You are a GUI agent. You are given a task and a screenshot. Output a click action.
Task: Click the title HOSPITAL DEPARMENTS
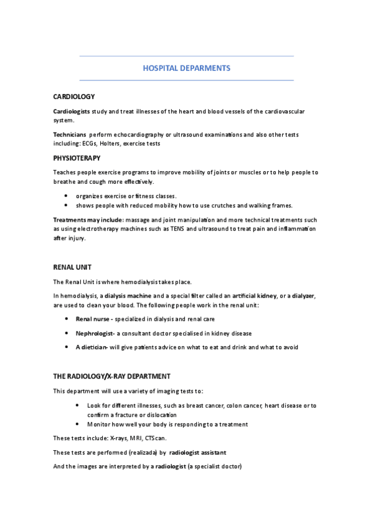click(x=186, y=68)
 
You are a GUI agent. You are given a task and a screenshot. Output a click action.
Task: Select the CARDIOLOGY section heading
click(x=74, y=97)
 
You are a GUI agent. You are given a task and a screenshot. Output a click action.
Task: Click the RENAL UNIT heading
click(x=73, y=267)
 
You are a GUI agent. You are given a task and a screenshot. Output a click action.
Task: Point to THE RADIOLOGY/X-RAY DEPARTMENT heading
click(x=111, y=377)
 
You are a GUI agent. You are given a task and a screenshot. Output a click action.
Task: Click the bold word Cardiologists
click(x=72, y=111)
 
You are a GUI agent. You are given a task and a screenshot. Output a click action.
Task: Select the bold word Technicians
click(x=69, y=134)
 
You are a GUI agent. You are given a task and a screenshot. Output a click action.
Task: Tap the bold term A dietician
click(x=92, y=347)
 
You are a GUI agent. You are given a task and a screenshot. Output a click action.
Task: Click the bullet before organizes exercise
click(x=66, y=196)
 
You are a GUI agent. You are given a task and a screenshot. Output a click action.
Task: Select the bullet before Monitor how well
click(x=77, y=424)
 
